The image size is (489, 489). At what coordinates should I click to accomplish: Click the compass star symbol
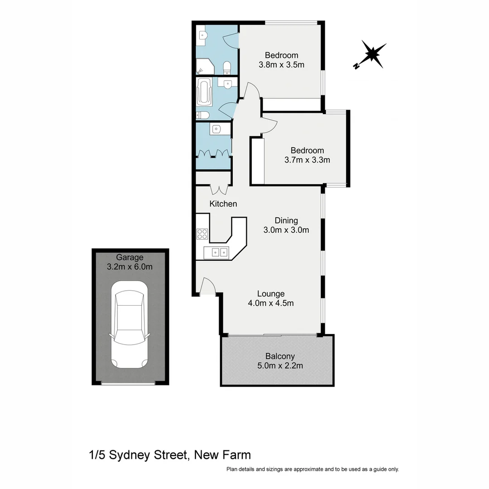point(373,55)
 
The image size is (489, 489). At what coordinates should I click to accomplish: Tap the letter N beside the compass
point(356,67)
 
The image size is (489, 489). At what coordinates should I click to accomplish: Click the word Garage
point(129,257)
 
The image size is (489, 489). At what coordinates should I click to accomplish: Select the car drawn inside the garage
point(129,324)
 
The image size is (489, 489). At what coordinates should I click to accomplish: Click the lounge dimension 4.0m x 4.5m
point(271,303)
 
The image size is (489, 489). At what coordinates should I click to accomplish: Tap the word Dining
point(286,221)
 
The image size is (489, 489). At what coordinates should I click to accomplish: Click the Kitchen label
point(223,204)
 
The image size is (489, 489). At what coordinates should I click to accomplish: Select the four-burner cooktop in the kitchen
point(202,234)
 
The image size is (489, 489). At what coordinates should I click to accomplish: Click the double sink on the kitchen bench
point(220,252)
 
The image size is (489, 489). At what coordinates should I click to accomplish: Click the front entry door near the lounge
point(207,286)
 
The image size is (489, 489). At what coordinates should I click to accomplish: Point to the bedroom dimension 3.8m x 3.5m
point(281,64)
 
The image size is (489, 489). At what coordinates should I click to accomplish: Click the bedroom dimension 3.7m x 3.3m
point(307,160)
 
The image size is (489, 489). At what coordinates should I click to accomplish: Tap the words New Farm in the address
point(222,455)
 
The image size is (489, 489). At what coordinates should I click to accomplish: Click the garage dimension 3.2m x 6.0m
point(129,267)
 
